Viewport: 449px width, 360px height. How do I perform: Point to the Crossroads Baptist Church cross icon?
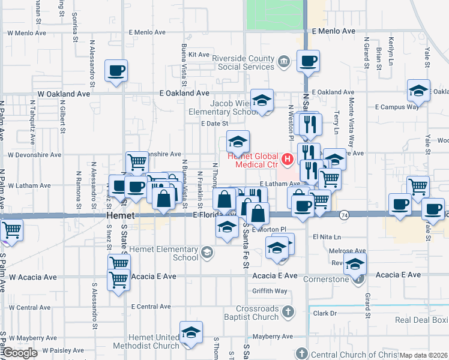pos(288,311)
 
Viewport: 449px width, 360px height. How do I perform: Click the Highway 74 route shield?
pos(345,214)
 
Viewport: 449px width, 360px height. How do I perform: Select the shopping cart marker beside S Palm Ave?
pos(11,230)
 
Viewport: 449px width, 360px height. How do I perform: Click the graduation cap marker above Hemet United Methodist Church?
pos(191,334)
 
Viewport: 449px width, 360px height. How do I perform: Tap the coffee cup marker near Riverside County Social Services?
pos(308,61)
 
